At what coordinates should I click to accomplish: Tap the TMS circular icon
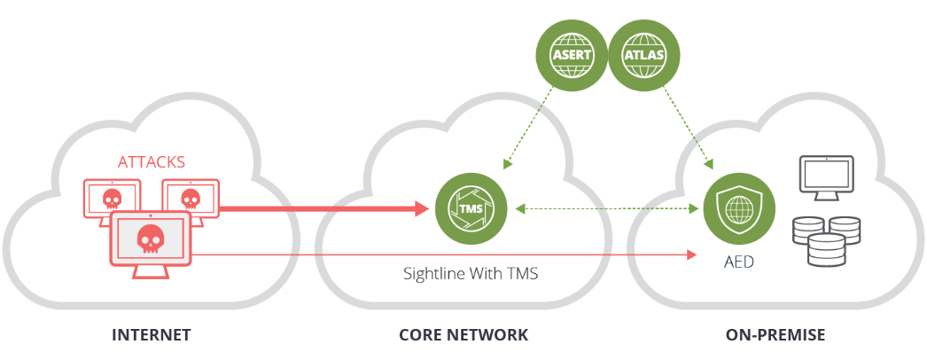tap(470, 209)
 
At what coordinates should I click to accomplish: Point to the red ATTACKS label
tap(152, 162)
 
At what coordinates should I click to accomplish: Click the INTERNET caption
tap(152, 335)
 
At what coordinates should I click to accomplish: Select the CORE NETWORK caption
tap(463, 335)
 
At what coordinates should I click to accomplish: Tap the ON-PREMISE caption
tap(775, 335)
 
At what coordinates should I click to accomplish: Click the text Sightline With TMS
tap(471, 273)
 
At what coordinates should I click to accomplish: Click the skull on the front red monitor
tap(151, 237)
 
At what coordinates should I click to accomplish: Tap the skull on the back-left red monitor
tap(113, 197)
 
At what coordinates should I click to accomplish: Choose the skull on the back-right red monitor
tap(189, 197)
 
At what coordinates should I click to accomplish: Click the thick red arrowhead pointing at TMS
tap(420, 209)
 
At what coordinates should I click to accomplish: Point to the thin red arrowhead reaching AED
tap(690, 255)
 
